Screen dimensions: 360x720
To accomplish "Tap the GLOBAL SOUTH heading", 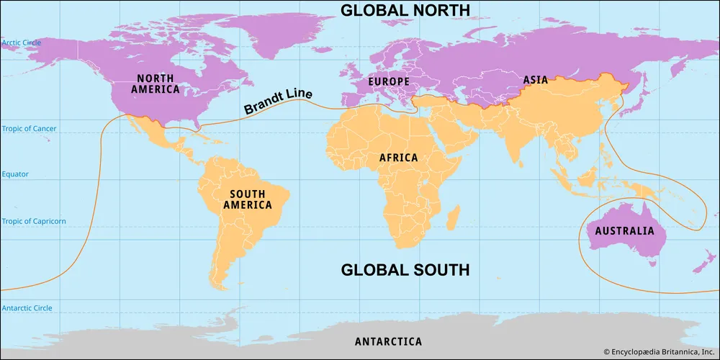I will click(x=405, y=270).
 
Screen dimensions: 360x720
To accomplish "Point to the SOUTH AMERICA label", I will click(x=247, y=199).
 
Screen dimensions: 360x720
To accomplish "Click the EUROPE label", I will click(x=389, y=82).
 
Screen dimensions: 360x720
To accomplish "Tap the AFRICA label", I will click(x=399, y=157).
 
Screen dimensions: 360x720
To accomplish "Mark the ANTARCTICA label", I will click(x=388, y=341).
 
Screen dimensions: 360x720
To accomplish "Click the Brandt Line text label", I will click(x=277, y=104).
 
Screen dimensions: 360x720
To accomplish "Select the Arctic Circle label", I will click(x=22, y=42).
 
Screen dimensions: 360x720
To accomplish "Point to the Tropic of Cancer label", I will click(x=29, y=129).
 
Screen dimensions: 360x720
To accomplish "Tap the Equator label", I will click(x=15, y=174).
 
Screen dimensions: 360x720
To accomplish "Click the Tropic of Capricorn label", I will click(x=33, y=221).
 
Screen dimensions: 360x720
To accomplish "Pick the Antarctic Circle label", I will click(x=26, y=308).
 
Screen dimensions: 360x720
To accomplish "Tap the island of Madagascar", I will click(x=454, y=215).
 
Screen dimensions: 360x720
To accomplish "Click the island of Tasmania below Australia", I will click(x=652, y=263).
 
